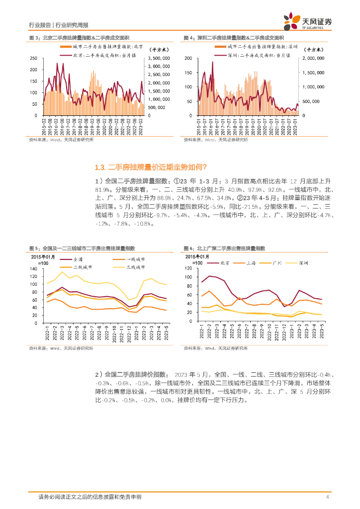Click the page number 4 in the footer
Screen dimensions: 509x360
[x=327, y=497]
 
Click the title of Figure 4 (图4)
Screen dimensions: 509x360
[x=234, y=38]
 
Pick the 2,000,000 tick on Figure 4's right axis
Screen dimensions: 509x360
[x=314, y=58]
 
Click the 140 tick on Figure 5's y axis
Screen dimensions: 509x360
[x=34, y=269]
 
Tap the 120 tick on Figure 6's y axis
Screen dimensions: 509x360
[x=188, y=269]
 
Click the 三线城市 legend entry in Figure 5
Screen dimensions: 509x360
[x=134, y=267]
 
